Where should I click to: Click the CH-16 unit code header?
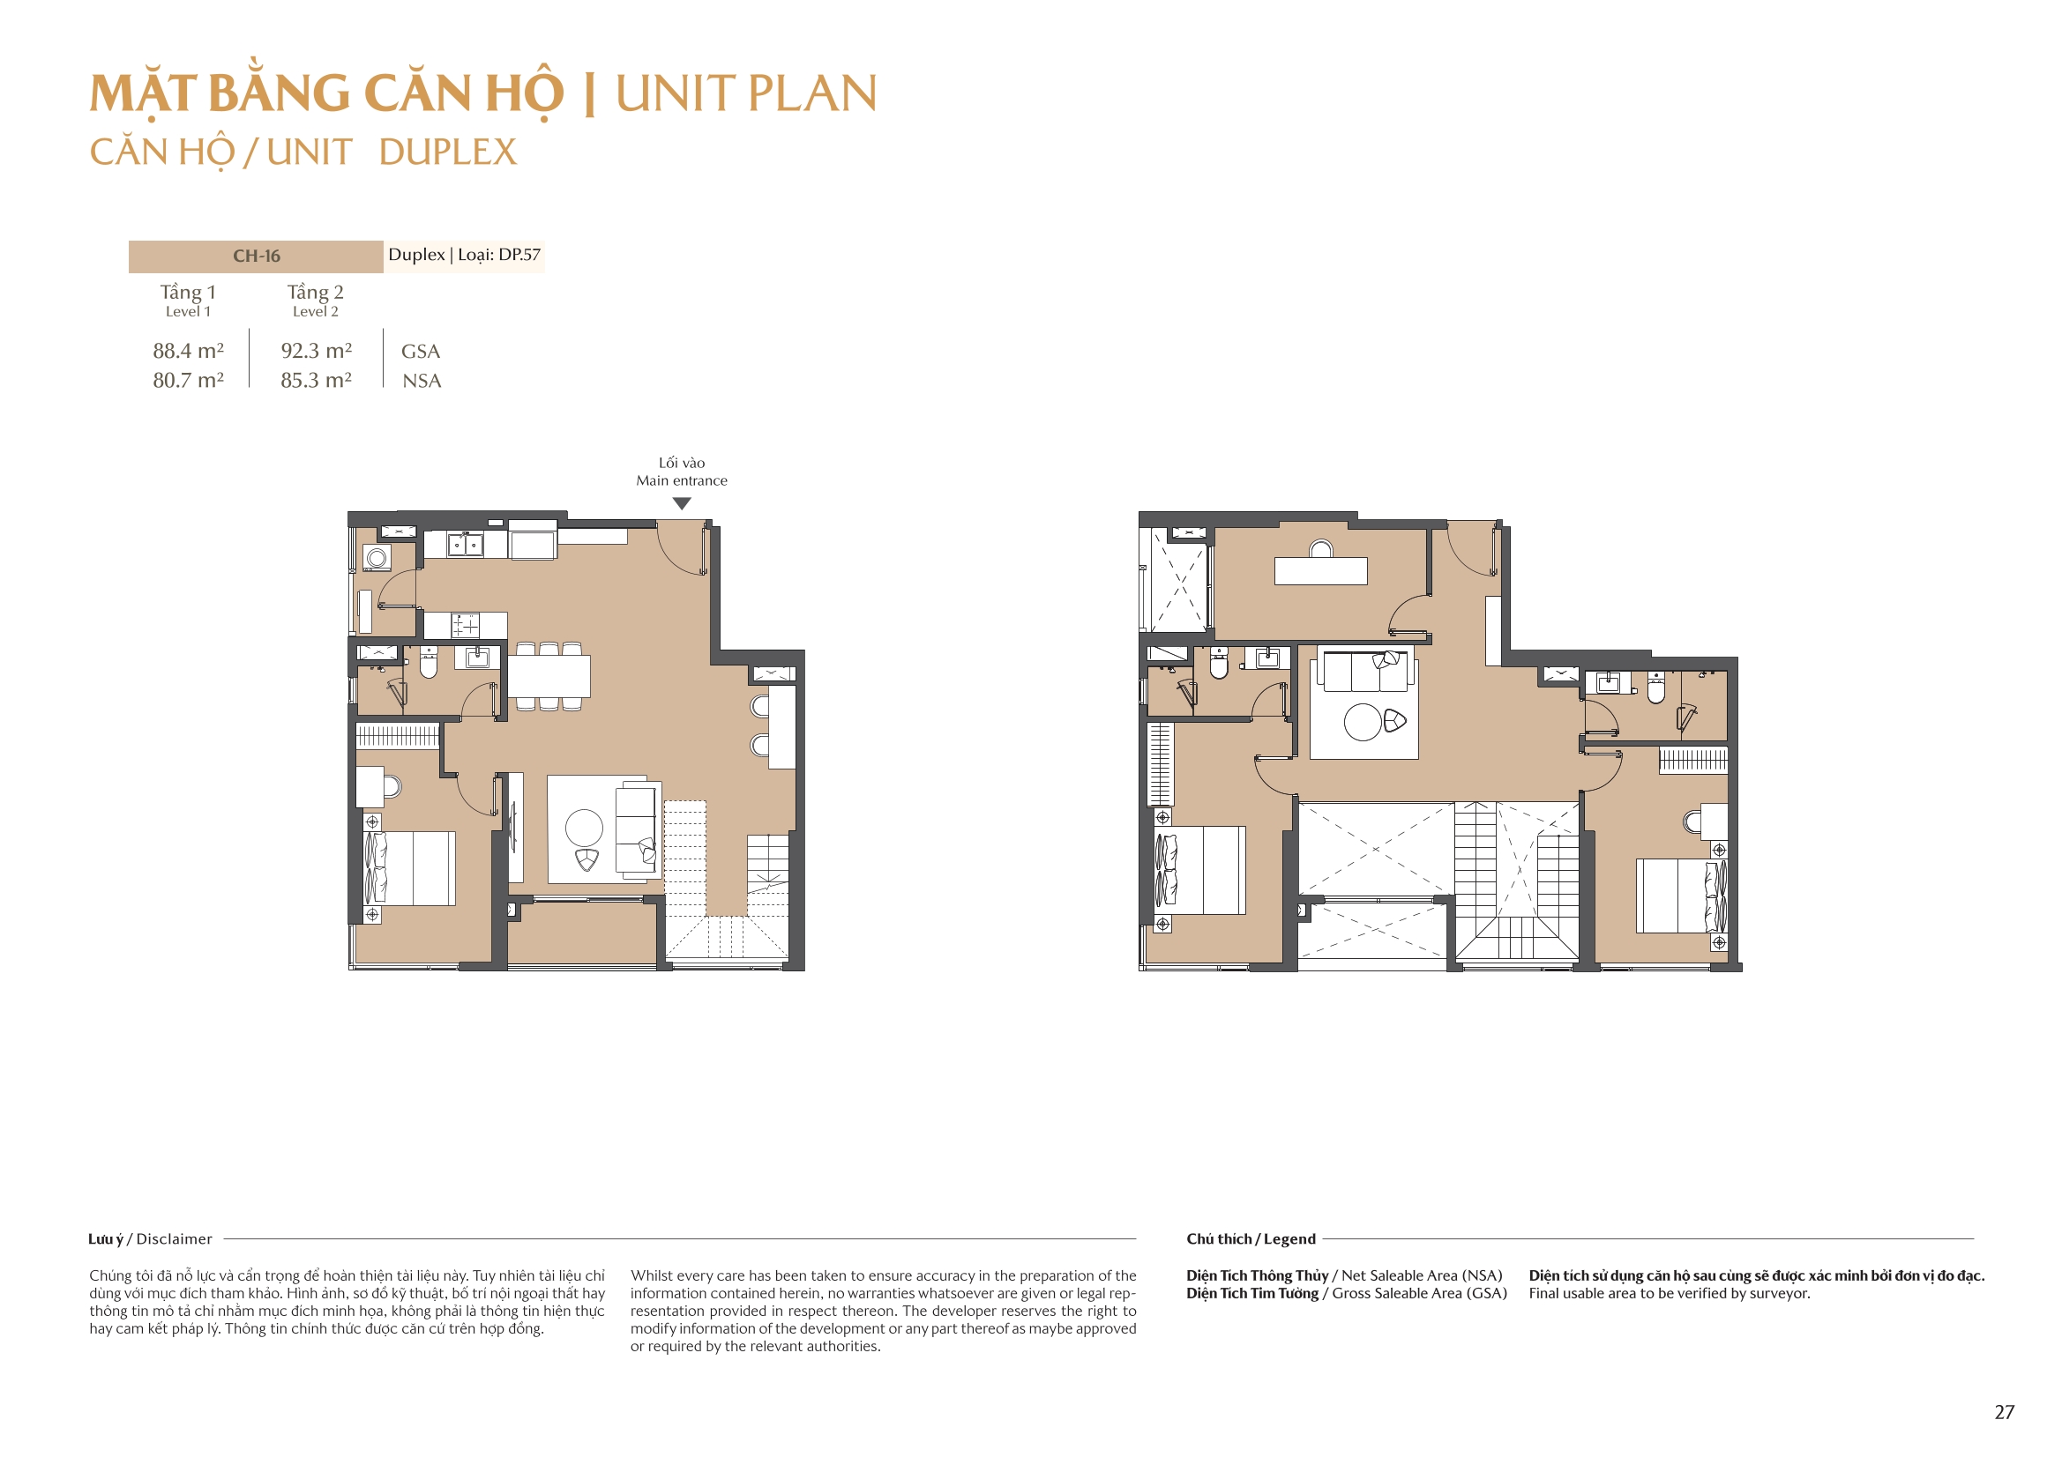[x=256, y=256]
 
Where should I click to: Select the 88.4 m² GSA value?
[x=188, y=351]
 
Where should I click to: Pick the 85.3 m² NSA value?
[x=315, y=381]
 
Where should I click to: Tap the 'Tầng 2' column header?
[x=315, y=293]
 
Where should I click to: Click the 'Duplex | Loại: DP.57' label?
[x=464, y=255]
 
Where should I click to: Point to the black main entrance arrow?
[x=682, y=503]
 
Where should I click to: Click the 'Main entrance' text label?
[x=682, y=480]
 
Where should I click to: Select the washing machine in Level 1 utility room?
[x=377, y=558]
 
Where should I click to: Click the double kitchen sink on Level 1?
[x=465, y=545]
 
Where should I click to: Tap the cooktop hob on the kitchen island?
[x=465, y=625]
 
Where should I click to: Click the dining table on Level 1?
[x=549, y=676]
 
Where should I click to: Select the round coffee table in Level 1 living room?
[x=584, y=827]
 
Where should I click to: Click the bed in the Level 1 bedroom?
[x=410, y=868]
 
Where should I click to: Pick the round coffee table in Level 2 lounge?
[x=1363, y=722]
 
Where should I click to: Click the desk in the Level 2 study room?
[x=1320, y=571]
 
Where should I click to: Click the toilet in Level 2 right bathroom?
[x=1656, y=688]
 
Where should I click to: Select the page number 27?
[x=2004, y=1412]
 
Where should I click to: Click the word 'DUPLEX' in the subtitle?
[x=447, y=152]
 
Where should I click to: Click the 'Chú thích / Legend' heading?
[x=1250, y=1239]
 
